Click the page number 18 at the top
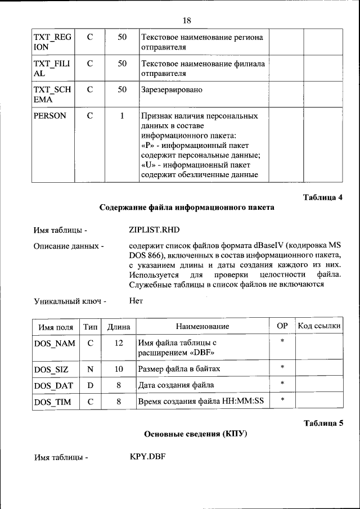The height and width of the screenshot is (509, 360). point(187,21)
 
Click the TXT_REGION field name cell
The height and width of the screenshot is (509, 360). point(52,42)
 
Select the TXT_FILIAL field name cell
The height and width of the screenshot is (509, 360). point(52,69)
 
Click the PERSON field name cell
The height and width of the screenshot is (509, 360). point(50,116)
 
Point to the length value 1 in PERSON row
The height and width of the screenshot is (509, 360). point(121,116)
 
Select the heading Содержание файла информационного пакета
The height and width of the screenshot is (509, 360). point(187,208)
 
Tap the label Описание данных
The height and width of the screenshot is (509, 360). point(69,246)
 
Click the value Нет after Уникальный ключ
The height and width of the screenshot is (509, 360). point(136,300)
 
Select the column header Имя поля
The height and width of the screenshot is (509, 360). point(55,327)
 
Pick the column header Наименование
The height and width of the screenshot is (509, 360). point(202,327)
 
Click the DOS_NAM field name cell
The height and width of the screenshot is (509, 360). point(55,344)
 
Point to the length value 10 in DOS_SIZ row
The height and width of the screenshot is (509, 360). point(119,369)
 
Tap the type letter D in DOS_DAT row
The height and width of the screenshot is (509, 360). point(90,385)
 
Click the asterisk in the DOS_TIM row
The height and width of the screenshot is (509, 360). point(282,400)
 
